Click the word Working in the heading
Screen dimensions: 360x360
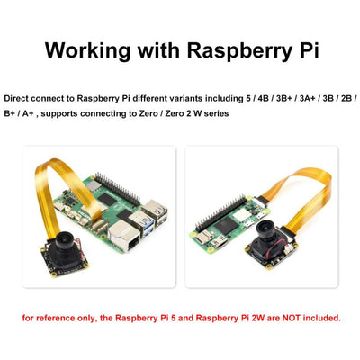(88, 50)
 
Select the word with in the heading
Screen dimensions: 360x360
(158, 49)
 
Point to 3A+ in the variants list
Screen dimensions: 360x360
(307, 98)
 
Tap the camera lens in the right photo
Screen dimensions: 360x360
(266, 227)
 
